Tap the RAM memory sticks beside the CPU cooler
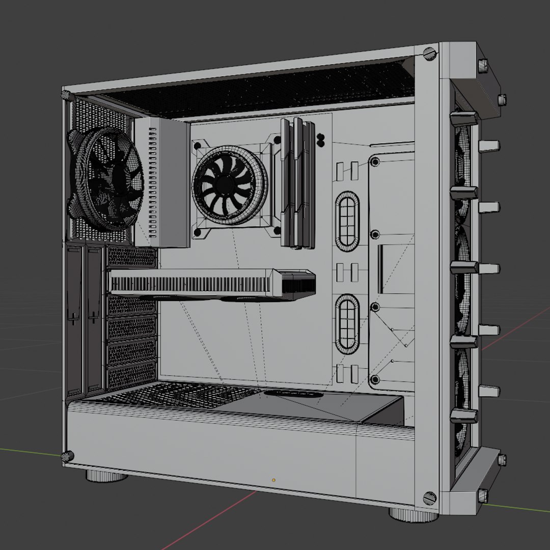pos(295,183)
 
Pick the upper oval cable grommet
pos(347,221)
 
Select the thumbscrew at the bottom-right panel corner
pos(429,498)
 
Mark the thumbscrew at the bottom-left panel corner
pos(68,456)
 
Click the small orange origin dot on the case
pos(273,480)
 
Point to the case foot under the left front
pos(106,476)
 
